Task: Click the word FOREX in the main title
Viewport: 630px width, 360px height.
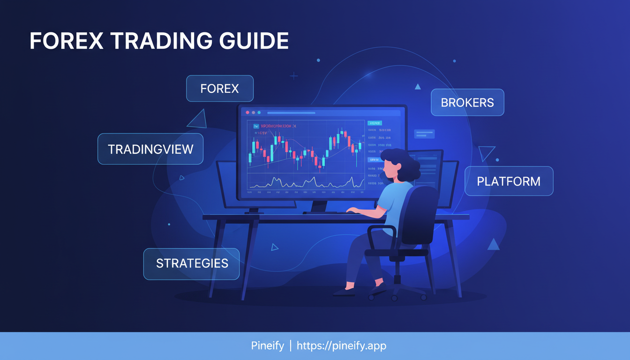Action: click(66, 42)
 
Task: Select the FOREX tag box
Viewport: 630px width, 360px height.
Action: click(219, 89)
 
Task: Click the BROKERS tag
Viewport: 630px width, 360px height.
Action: click(467, 102)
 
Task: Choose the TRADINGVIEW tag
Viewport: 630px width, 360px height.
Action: click(150, 149)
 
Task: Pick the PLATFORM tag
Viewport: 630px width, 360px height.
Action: click(509, 181)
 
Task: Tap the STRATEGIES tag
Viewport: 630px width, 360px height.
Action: click(192, 263)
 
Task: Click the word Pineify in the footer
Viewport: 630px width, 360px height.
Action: click(267, 346)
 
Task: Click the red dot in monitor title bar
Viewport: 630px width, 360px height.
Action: click(247, 112)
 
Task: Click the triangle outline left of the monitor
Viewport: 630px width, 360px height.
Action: click(198, 120)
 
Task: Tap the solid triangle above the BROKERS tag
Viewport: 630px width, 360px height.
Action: click(417, 87)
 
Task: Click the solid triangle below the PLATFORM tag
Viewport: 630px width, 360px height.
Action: click(493, 244)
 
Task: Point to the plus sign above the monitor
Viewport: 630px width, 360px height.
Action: click(294, 75)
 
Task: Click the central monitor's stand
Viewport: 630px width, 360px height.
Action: click(319, 207)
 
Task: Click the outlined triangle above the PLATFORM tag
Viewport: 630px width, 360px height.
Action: click(487, 153)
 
